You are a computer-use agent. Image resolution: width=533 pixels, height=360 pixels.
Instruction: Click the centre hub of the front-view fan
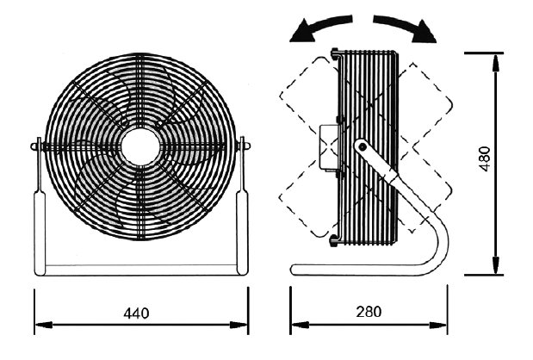tap(139, 146)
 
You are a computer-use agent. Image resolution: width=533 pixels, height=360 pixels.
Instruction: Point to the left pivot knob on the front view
tap(34, 146)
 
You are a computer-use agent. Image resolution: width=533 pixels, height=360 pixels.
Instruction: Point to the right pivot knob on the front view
tap(245, 146)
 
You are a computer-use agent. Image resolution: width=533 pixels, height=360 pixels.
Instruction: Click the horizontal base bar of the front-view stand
tap(139, 269)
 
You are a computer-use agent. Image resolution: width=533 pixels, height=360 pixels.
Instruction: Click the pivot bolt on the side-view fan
tap(362, 147)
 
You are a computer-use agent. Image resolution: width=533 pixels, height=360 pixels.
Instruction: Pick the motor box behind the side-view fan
tap(326, 147)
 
